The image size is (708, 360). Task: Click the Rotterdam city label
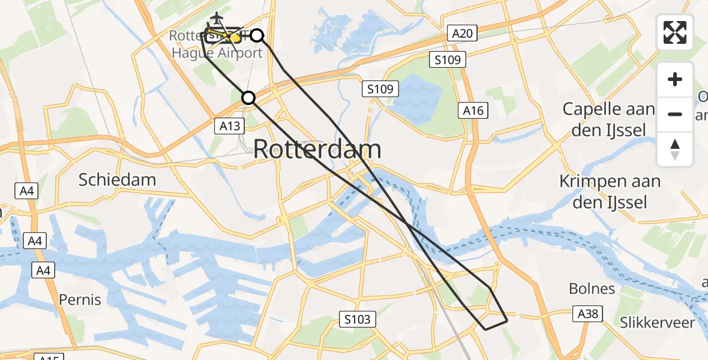click(317, 149)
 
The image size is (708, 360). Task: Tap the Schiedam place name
click(118, 179)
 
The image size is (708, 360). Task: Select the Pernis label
click(80, 299)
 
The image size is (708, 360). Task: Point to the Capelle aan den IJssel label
click(608, 119)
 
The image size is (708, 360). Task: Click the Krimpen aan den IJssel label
click(610, 191)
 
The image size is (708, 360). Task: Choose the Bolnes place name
click(592, 289)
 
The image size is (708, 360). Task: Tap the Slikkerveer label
click(658, 323)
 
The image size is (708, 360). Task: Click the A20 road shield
click(462, 33)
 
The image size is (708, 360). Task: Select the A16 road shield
click(473, 110)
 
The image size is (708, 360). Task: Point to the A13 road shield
click(230, 125)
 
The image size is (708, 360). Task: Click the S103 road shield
click(358, 319)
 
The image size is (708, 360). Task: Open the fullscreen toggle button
click(675, 32)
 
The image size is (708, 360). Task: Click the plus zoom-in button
click(675, 79)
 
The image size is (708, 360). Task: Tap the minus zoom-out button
click(675, 114)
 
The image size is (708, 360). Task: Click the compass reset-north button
click(675, 149)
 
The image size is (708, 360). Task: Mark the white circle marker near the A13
click(248, 97)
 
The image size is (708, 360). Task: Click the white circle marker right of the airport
click(257, 35)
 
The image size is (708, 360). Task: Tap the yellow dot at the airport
click(235, 38)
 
